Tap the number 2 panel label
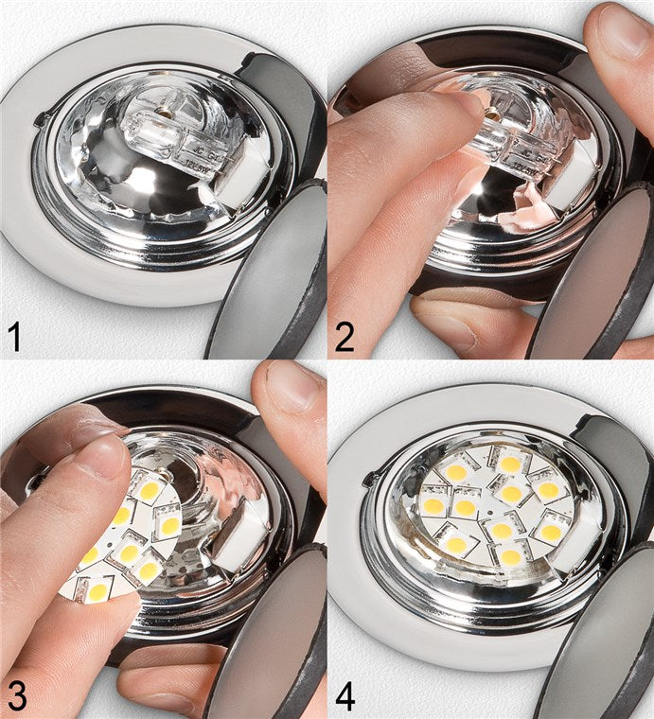pos(345,335)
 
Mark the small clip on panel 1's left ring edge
pos(39,120)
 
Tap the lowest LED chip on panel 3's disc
pos(98,592)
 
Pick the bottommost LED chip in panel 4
pos(510,558)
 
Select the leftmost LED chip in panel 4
pos(433,506)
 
